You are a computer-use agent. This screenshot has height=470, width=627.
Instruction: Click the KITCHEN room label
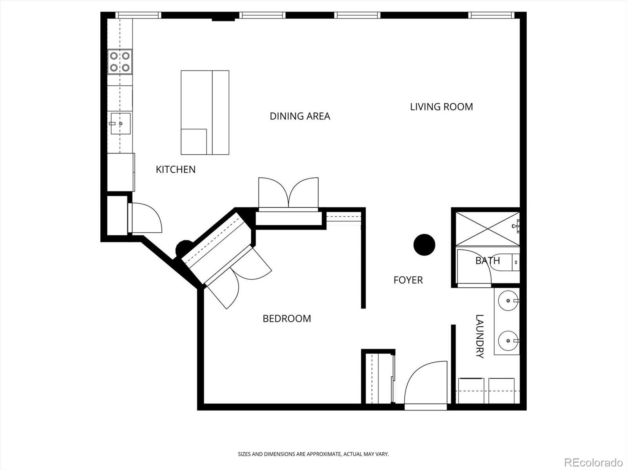tap(176, 169)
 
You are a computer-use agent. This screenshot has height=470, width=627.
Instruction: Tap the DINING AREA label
tap(300, 116)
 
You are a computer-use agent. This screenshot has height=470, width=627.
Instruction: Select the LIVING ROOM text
tap(441, 107)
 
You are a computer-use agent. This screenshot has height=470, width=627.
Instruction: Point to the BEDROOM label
tap(287, 318)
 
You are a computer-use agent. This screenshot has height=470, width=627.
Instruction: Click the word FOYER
tap(408, 280)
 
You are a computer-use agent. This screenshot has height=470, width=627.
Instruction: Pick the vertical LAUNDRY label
tap(480, 336)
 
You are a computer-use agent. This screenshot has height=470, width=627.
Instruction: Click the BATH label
tap(487, 260)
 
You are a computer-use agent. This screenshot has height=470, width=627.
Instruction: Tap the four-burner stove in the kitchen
tap(120, 62)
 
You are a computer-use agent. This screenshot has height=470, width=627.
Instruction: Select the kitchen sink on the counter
tap(120, 123)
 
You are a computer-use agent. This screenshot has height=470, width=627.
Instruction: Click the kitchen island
tap(205, 112)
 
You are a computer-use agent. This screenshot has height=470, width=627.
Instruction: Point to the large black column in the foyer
tap(424, 245)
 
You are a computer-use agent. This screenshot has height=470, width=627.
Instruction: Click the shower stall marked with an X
tap(486, 229)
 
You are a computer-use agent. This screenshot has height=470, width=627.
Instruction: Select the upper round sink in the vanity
tap(508, 301)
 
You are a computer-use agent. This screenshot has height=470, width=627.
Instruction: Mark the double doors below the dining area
tap(288, 193)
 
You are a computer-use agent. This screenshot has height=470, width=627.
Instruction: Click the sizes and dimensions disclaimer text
tap(313, 454)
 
